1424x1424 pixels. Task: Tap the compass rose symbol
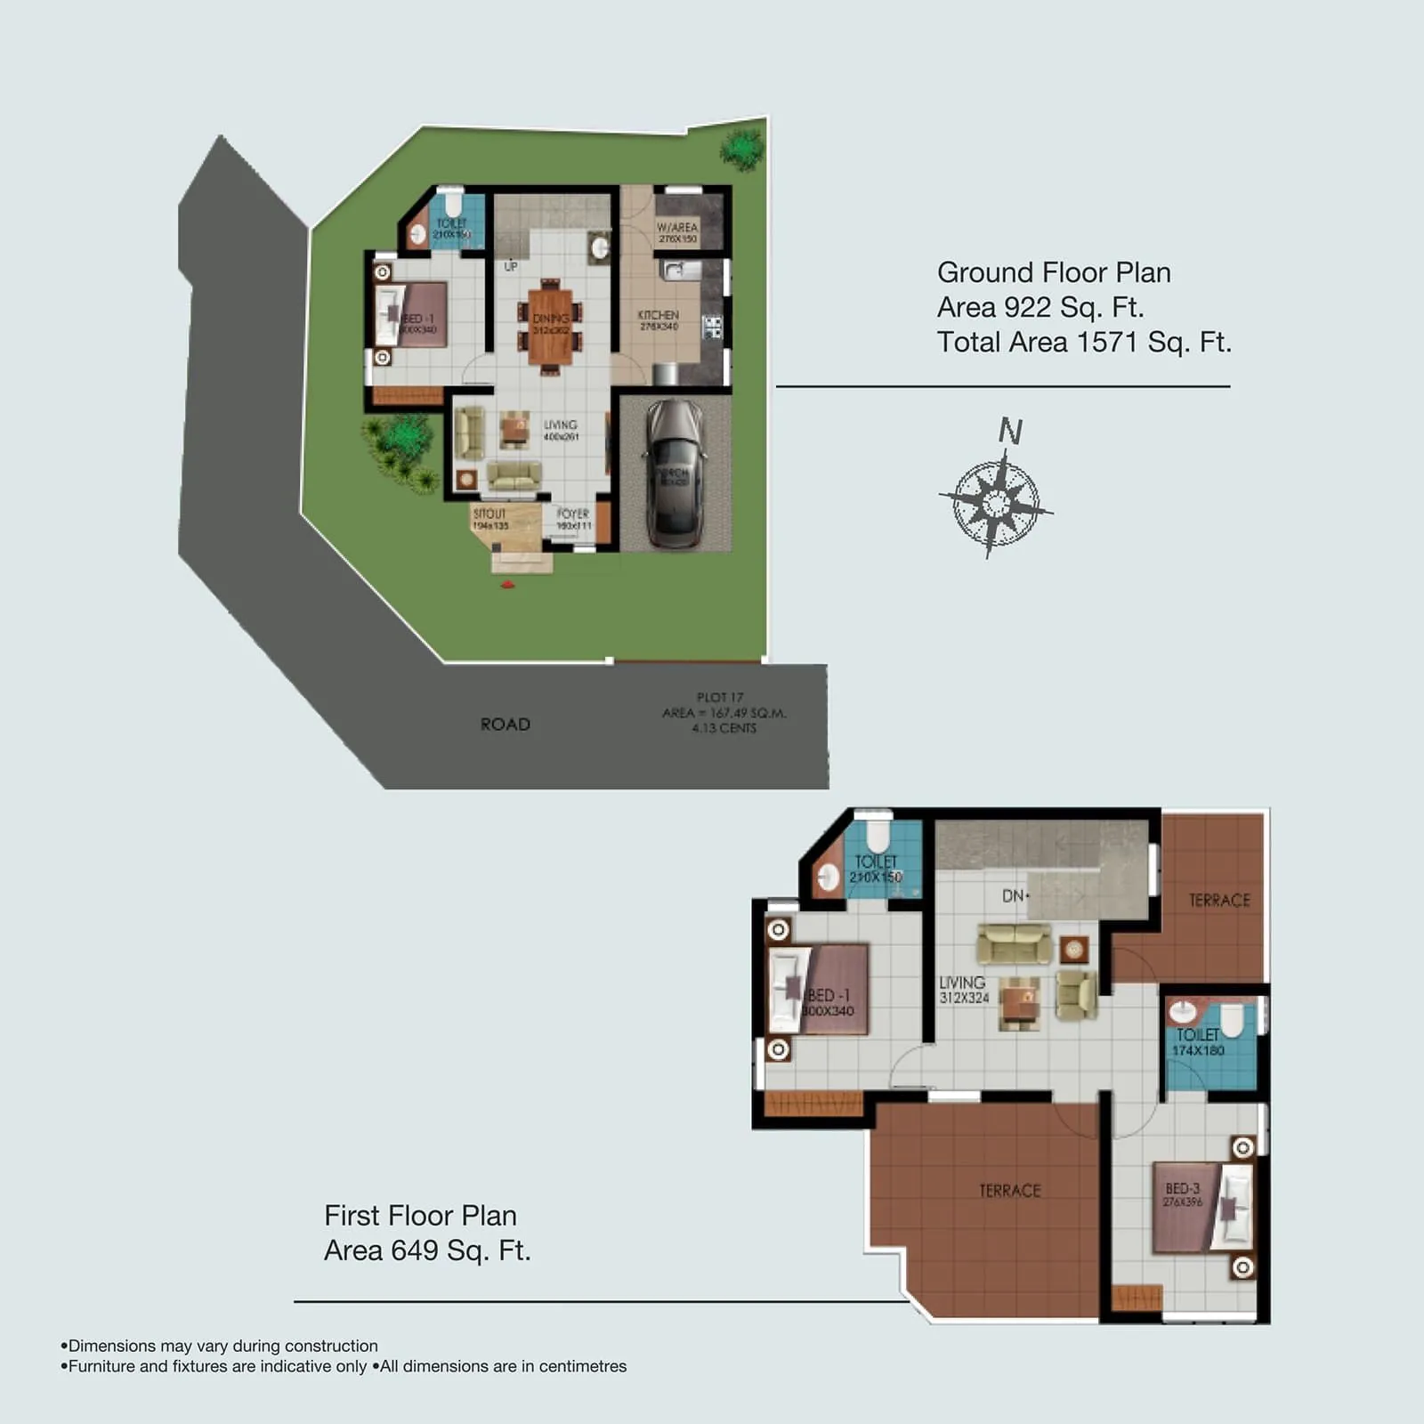(996, 503)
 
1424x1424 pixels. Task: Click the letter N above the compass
(1010, 432)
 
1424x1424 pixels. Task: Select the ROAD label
(505, 724)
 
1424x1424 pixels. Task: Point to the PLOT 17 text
(719, 698)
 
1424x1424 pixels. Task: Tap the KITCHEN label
(659, 315)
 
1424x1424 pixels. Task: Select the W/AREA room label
(677, 228)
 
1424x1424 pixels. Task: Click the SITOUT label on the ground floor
(489, 514)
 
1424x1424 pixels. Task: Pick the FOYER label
(573, 514)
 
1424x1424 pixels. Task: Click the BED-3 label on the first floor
(1183, 1189)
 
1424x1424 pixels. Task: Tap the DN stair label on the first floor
(1014, 896)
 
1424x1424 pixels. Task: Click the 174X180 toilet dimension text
(1198, 1051)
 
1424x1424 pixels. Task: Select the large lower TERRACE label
(1009, 1191)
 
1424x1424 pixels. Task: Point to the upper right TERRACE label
(1219, 901)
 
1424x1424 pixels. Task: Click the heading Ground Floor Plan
(1054, 272)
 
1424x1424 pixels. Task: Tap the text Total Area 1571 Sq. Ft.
(1084, 342)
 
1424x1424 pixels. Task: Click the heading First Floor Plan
(420, 1216)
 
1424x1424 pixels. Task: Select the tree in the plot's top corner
(741, 148)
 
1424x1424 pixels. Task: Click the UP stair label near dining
(511, 266)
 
